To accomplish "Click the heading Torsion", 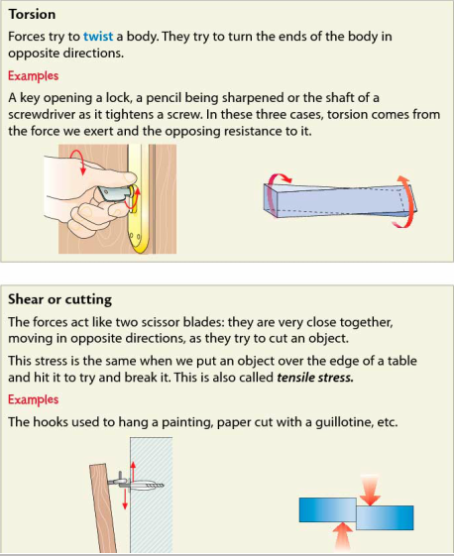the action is click(33, 15).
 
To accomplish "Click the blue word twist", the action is click(98, 36).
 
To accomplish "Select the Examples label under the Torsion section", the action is click(34, 76).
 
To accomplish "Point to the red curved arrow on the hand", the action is click(78, 162).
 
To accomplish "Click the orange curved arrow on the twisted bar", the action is click(405, 201).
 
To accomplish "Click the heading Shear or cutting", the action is click(59, 299).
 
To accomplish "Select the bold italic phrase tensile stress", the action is click(315, 378).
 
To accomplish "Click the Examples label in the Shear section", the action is click(34, 399).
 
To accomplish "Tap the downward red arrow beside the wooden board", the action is click(125, 500).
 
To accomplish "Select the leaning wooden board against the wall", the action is click(103, 508).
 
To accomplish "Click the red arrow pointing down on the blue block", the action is click(370, 490).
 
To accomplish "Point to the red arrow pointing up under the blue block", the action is click(343, 538).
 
